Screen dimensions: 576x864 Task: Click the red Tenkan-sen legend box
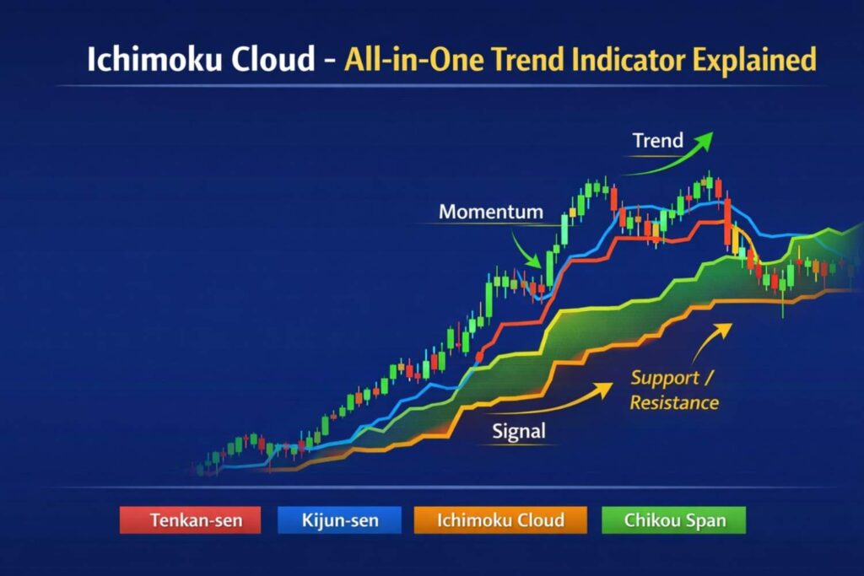click(x=191, y=520)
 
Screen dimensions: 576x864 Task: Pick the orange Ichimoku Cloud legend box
click(x=500, y=520)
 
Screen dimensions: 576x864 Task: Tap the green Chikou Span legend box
click(x=674, y=520)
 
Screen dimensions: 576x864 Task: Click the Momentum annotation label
click(x=491, y=212)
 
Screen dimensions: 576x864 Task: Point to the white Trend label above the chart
click(x=657, y=141)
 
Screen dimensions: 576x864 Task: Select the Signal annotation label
click(x=519, y=432)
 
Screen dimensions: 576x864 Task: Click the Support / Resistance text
click(x=674, y=390)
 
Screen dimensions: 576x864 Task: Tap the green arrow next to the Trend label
click(x=675, y=156)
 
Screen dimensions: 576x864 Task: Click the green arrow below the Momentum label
click(x=528, y=251)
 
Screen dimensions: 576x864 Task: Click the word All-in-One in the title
click(x=402, y=60)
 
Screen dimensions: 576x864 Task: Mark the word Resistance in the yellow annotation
click(x=674, y=402)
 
